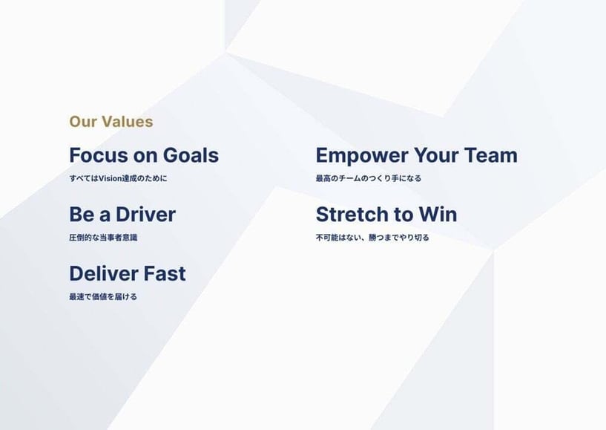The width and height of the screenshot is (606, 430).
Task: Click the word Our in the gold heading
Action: (x=83, y=122)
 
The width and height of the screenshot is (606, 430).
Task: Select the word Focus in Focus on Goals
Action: (x=99, y=155)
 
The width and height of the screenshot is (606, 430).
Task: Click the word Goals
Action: (x=191, y=155)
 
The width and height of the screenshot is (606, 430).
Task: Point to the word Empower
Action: (x=362, y=156)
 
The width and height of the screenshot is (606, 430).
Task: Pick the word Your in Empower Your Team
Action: (x=437, y=155)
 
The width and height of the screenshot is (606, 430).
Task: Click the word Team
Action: (x=491, y=155)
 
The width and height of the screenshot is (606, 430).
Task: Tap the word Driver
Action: (x=145, y=215)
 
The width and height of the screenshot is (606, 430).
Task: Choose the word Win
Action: (x=438, y=215)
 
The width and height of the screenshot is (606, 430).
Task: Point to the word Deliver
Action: (x=102, y=273)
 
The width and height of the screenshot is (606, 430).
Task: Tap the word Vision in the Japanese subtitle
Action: (x=111, y=178)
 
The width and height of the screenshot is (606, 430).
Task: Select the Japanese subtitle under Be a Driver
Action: (x=103, y=238)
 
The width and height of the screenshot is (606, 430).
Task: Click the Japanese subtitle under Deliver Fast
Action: (x=103, y=297)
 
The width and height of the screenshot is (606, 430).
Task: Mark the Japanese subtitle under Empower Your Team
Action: (x=369, y=178)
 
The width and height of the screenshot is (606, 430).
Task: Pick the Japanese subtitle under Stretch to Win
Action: (x=372, y=238)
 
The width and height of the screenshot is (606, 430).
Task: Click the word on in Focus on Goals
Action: (x=145, y=156)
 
